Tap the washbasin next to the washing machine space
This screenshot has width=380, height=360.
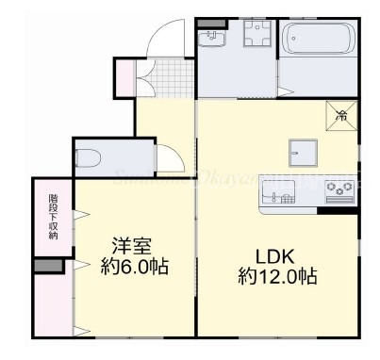211,39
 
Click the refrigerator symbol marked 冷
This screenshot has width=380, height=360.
341,115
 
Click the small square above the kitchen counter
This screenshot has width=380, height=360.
301,151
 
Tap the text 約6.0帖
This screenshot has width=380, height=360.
133,267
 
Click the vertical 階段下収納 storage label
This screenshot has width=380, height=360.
53,218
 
